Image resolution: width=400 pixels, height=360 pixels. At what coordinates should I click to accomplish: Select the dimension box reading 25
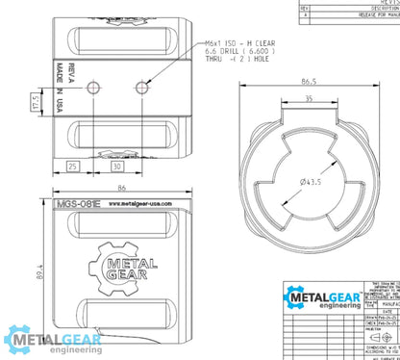pos(73,167)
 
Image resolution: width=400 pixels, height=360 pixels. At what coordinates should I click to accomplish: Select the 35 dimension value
pos(310,98)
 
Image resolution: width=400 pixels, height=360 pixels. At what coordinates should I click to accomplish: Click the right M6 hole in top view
pos(144,89)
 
